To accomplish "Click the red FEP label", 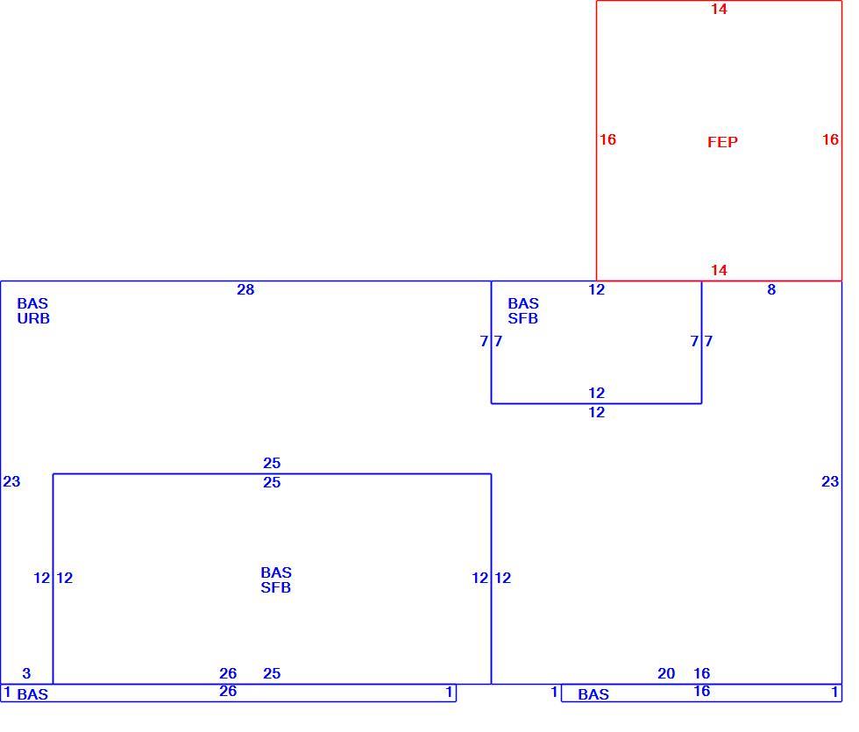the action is (722, 142).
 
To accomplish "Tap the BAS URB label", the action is (33, 310).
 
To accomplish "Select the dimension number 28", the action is (245, 289).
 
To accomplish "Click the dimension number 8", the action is (771, 289).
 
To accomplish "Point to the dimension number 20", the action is (666, 673).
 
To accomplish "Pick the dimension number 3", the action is (26, 673).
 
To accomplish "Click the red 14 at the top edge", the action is (719, 9).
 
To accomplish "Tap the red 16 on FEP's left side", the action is (607, 139).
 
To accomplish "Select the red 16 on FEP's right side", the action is (831, 139).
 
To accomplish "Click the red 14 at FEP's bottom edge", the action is (719, 270).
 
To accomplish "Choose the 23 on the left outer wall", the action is (11, 481).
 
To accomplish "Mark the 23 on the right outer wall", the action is (830, 481).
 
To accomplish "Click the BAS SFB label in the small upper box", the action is (523, 310).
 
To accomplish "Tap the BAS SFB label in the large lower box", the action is (276, 579).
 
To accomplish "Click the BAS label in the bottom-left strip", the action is (32, 694).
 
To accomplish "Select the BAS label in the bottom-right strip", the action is (593, 694).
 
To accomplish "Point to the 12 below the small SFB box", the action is (597, 412).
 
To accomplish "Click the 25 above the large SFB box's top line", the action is (272, 463).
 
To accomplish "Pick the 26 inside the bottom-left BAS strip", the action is (228, 692).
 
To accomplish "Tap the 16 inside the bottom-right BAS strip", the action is (702, 692).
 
